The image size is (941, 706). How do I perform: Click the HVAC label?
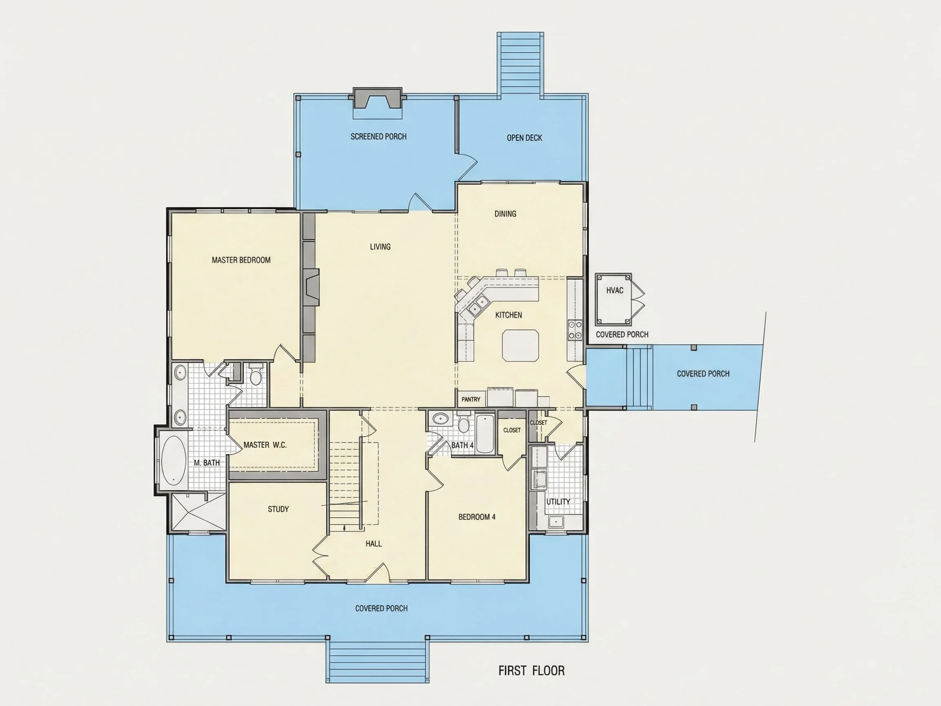[x=615, y=290]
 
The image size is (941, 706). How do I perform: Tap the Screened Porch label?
[x=378, y=136]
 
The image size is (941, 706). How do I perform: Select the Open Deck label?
[x=524, y=138]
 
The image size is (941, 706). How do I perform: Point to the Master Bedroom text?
[x=241, y=260]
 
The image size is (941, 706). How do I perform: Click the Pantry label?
[x=470, y=399]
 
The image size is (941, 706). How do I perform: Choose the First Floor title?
[x=531, y=671]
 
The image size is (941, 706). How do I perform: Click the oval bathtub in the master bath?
[x=174, y=460]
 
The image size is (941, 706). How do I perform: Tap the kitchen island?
[x=520, y=345]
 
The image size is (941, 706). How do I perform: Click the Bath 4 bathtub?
[x=484, y=433]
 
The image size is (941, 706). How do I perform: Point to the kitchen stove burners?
[x=575, y=330]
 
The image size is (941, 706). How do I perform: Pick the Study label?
[x=278, y=509]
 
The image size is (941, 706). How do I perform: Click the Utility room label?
[x=558, y=502]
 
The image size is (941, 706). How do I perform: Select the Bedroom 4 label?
[x=477, y=517]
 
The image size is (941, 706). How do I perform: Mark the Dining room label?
[x=505, y=214]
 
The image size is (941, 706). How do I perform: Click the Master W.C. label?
[x=265, y=445]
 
